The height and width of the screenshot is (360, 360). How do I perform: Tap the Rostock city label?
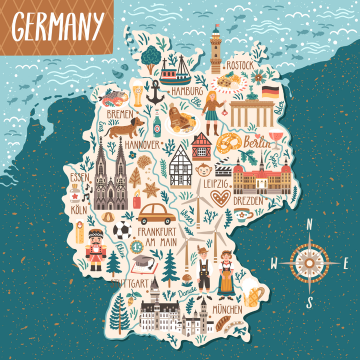[239, 65]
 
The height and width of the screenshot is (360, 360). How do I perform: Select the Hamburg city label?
[187, 91]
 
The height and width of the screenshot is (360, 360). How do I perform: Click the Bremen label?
[119, 114]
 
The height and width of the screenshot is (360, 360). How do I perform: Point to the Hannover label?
[142, 144]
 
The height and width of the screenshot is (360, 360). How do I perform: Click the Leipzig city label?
[215, 184]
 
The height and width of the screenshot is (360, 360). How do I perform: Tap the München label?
[227, 309]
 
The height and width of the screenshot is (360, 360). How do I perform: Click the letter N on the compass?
[309, 225]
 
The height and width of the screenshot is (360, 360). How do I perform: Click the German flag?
[270, 91]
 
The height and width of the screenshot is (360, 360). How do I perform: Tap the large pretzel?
[228, 144]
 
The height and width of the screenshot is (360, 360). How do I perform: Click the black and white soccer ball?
[122, 231]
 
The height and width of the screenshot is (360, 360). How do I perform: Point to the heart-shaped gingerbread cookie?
[220, 197]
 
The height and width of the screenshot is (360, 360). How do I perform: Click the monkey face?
[203, 170]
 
